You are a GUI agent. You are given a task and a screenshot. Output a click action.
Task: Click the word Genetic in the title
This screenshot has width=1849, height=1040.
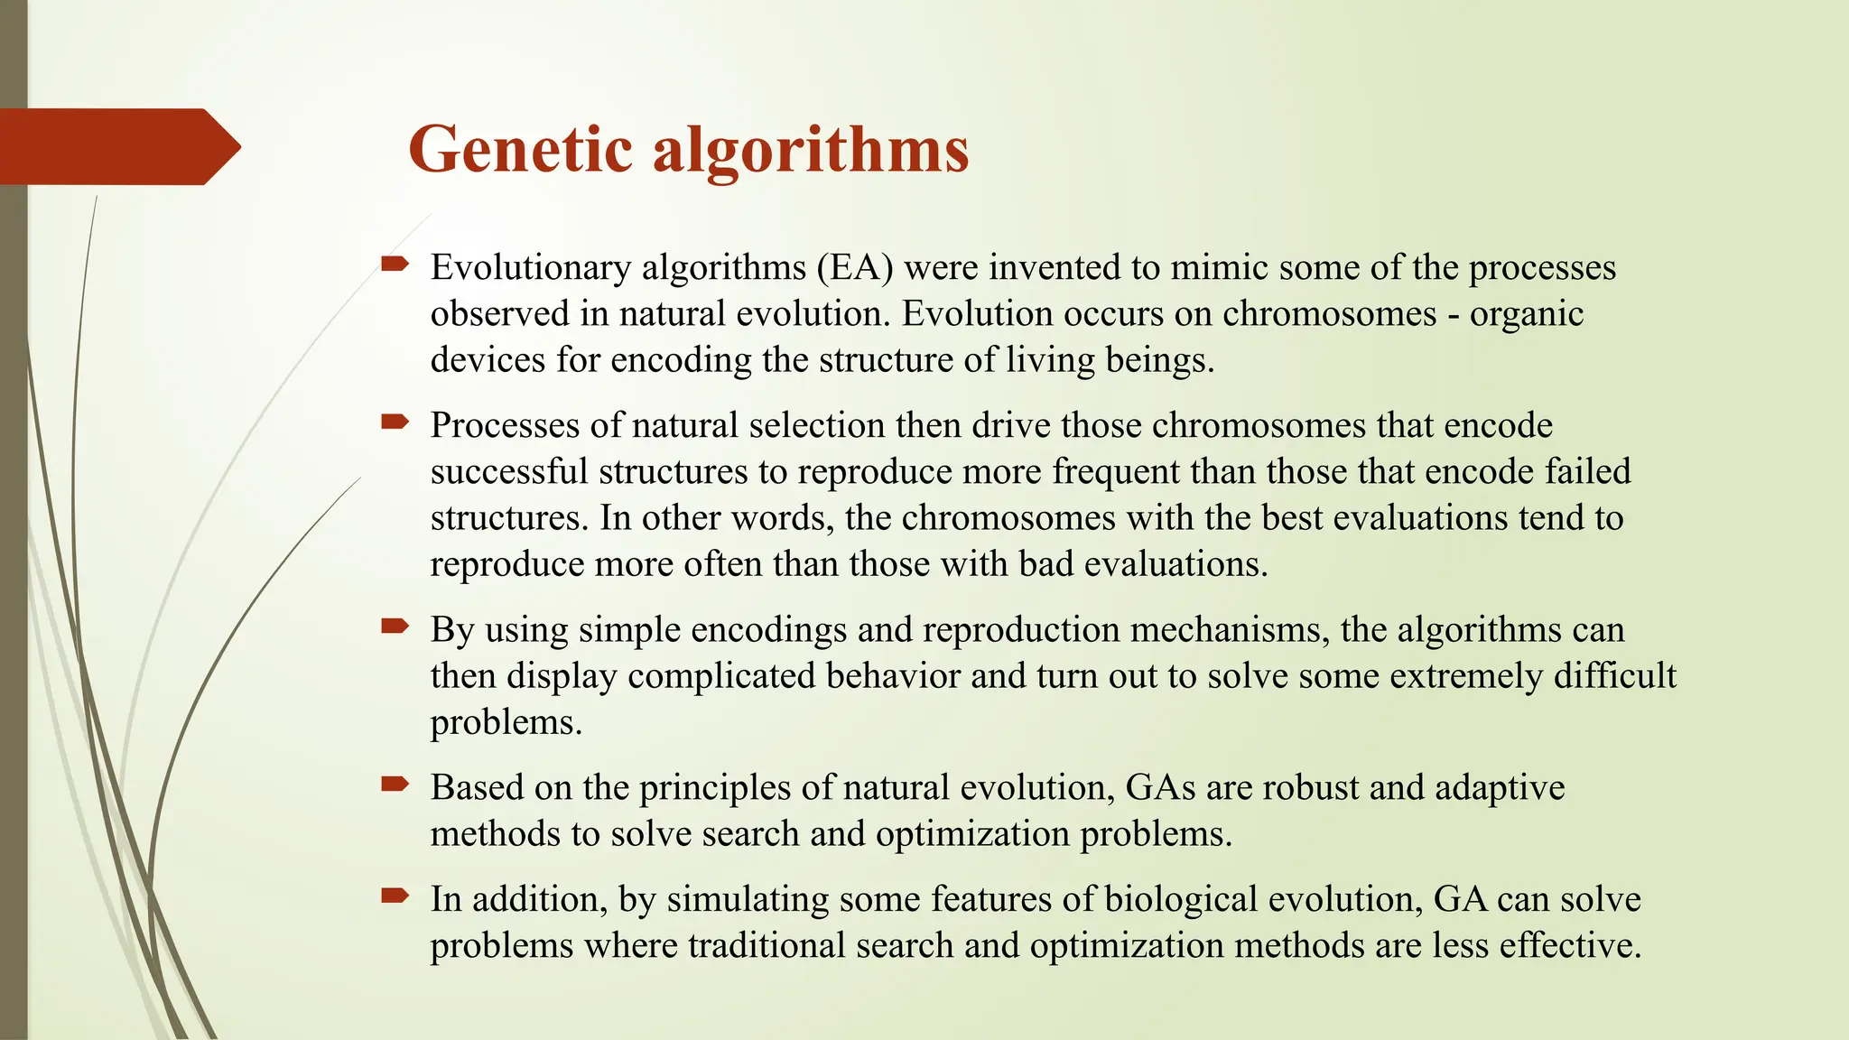[x=520, y=149]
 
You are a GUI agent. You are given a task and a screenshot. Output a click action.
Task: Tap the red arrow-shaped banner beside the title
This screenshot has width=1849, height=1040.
[x=117, y=146]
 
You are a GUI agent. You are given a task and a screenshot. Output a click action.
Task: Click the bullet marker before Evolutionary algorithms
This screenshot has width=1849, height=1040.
[x=395, y=265]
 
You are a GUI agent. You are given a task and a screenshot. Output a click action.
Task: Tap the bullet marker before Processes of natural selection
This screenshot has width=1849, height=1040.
[x=395, y=422]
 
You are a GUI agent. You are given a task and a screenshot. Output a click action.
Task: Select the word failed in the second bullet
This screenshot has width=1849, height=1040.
[x=1587, y=472]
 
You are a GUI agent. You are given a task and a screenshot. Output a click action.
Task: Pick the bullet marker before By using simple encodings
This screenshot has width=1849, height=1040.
[x=395, y=627]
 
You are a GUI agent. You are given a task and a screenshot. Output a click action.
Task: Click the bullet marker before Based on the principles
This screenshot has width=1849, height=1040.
[x=395, y=785]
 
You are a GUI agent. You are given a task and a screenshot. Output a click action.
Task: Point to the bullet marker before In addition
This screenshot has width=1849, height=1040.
[x=395, y=896]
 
